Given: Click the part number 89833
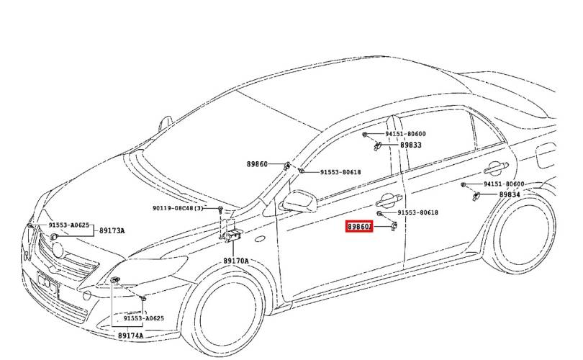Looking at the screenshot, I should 411,145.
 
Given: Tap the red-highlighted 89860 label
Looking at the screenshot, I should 359,227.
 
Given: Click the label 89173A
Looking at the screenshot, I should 112,230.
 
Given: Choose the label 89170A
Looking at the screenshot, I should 235,261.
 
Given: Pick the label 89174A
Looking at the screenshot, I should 130,336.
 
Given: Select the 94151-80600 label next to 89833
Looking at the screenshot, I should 405,134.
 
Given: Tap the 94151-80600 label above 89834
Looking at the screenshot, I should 504,184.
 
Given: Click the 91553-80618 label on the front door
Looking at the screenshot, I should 418,213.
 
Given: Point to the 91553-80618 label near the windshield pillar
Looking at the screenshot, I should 340,172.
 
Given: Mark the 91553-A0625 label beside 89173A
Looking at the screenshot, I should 69,225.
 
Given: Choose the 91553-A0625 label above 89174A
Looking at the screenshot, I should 143,318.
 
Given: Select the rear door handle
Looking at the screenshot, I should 494,168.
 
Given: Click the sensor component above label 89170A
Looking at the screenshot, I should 232,236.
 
